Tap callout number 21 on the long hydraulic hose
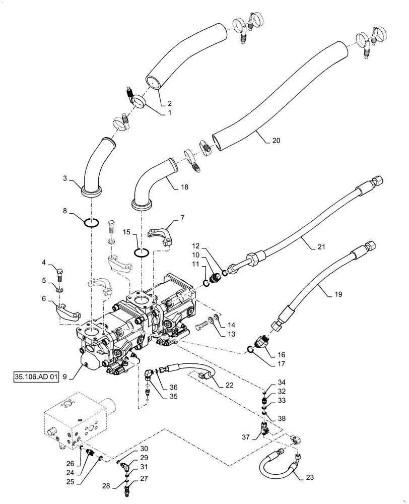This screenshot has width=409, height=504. click(308, 246)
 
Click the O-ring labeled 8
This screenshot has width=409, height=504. click(91, 223)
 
